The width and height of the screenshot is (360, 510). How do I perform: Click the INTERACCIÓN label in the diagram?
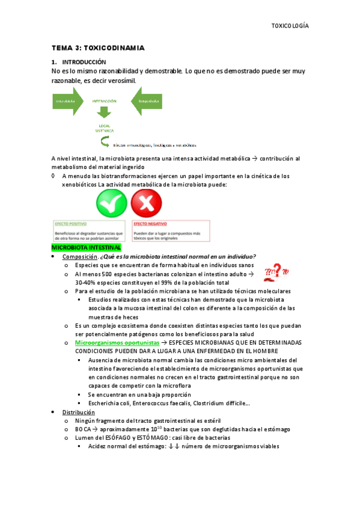[x=104, y=101]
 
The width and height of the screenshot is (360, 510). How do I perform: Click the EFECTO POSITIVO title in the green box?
[x=68, y=223]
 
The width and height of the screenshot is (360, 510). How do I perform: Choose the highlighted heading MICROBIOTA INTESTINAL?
[x=87, y=247]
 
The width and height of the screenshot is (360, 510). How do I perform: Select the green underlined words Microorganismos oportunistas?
[x=109, y=342]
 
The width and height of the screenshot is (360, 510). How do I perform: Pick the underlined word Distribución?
[x=79, y=412]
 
